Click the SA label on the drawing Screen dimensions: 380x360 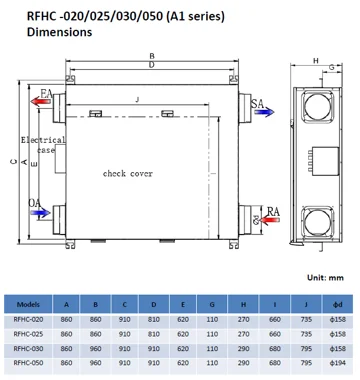click(x=257, y=103)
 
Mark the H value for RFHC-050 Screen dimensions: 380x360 click(x=243, y=365)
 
